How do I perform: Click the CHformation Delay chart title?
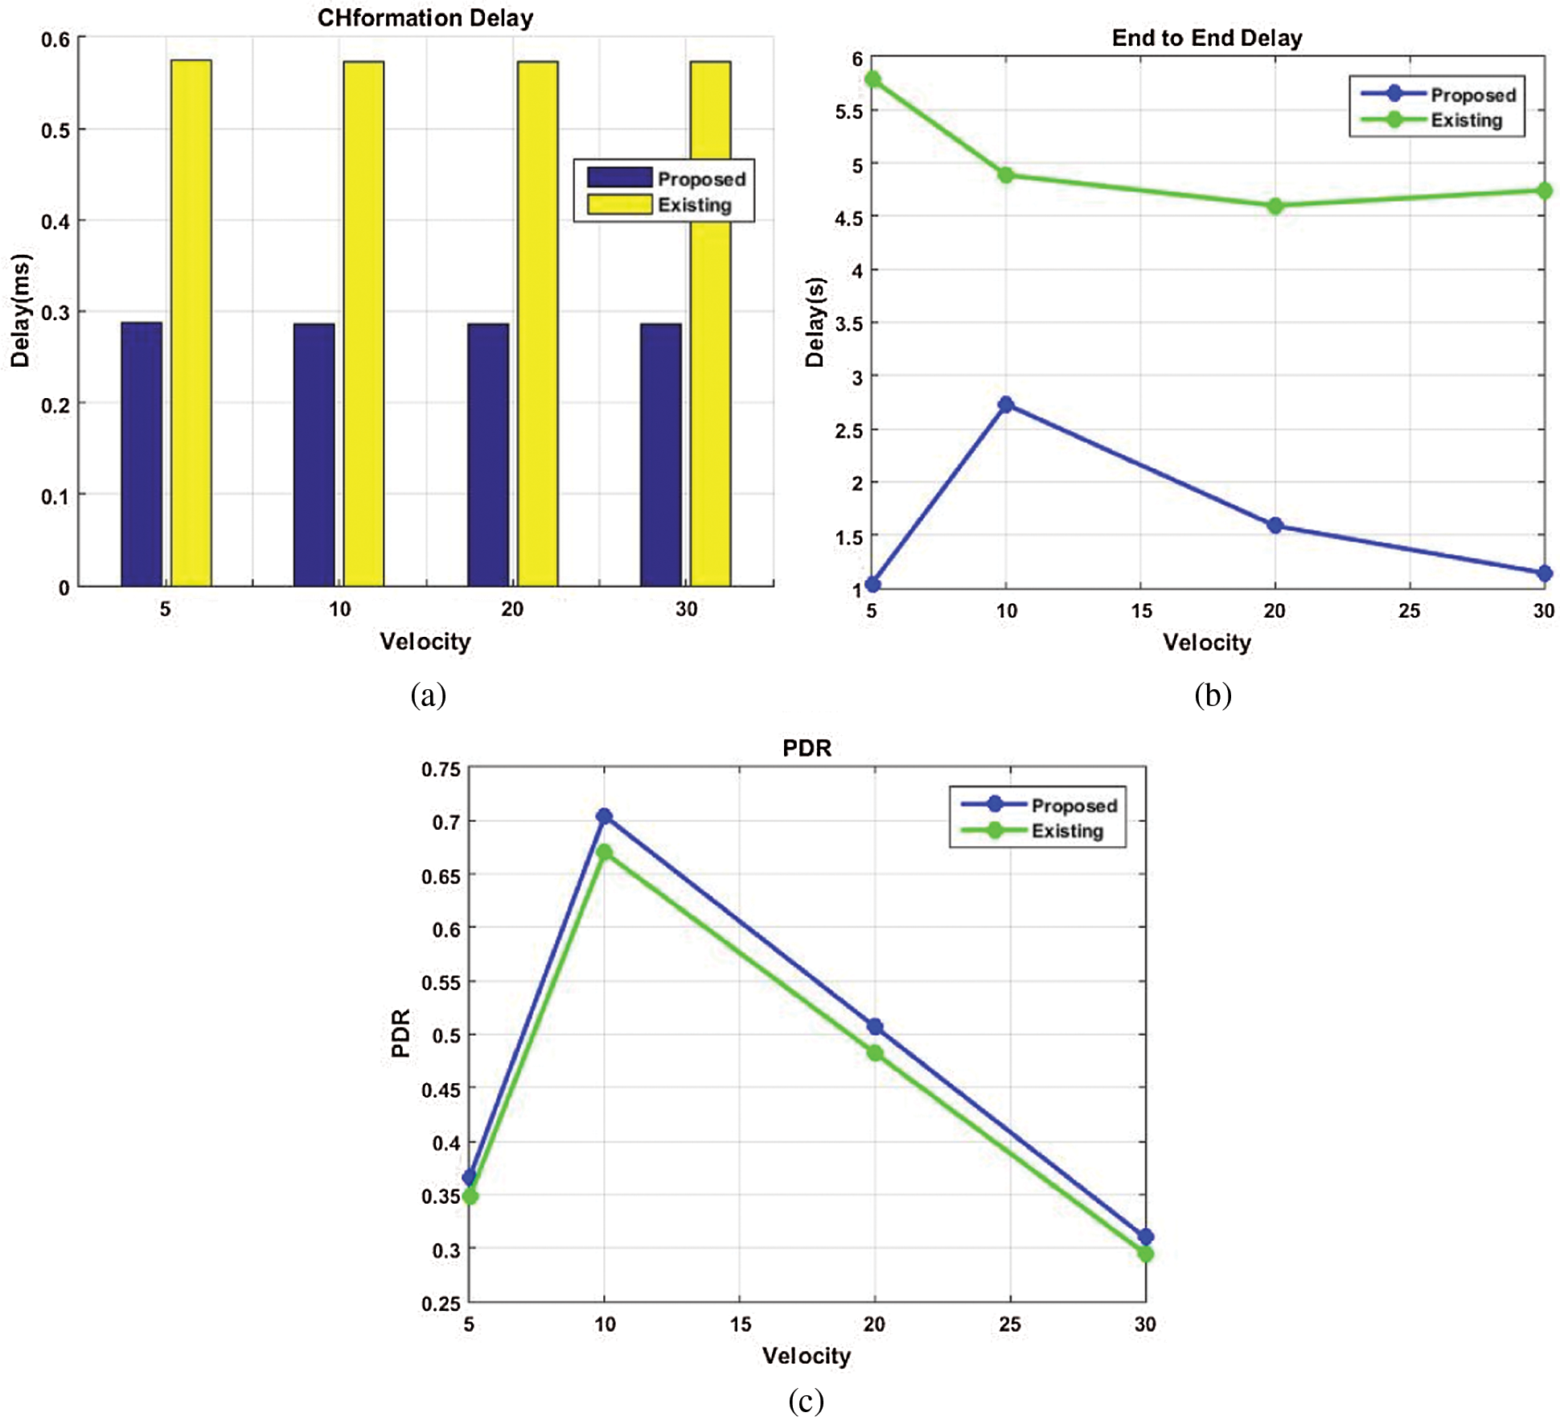[425, 18]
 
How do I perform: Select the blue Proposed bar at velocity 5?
[142, 454]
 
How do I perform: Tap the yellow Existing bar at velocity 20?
[537, 322]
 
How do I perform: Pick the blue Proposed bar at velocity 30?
[661, 454]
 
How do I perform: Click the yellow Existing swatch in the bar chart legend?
[619, 204]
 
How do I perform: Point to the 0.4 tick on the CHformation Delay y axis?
[55, 221]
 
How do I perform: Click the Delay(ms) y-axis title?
[20, 310]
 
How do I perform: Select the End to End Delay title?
[1206, 38]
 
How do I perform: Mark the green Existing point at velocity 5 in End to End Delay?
[872, 79]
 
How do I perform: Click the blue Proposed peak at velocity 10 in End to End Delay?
[1006, 405]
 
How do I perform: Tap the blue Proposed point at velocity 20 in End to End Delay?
[1275, 526]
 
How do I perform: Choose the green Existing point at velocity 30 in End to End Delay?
[1544, 191]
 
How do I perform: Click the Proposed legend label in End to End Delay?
[1473, 95]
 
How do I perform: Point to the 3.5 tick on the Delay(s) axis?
[849, 323]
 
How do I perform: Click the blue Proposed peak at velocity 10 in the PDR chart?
[605, 816]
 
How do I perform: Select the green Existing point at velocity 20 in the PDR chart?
[875, 1053]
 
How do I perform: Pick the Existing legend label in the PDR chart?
[1067, 831]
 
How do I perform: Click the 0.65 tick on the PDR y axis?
[441, 876]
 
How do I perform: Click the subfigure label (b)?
[1213, 695]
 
